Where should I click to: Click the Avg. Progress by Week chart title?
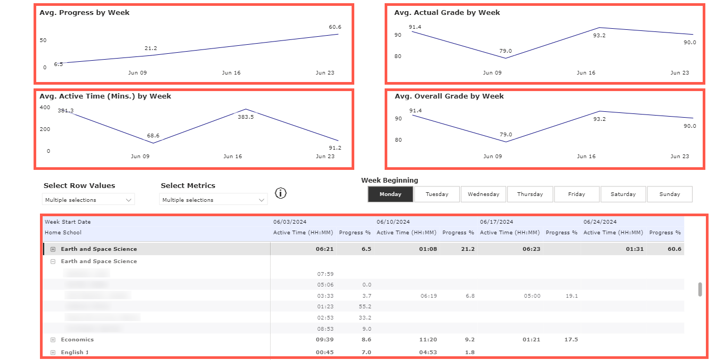84,13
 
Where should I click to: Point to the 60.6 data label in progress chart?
335,27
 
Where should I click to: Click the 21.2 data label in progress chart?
151,48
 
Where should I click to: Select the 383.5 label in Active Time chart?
246,117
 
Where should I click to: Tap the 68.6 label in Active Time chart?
153,136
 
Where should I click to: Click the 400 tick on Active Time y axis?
45,108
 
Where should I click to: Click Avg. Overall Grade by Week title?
449,96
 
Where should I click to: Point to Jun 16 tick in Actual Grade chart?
585,73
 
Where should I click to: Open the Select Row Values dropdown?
88,200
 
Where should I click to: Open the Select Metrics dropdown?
213,200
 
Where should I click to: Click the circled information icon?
281,193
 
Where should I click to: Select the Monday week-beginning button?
391,194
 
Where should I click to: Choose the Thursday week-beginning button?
530,194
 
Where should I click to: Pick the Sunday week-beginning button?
669,194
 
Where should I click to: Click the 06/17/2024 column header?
496,222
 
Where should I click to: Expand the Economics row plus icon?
53,340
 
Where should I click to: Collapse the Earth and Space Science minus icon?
53,261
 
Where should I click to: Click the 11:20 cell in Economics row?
428,340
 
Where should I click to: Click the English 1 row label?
75,353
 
